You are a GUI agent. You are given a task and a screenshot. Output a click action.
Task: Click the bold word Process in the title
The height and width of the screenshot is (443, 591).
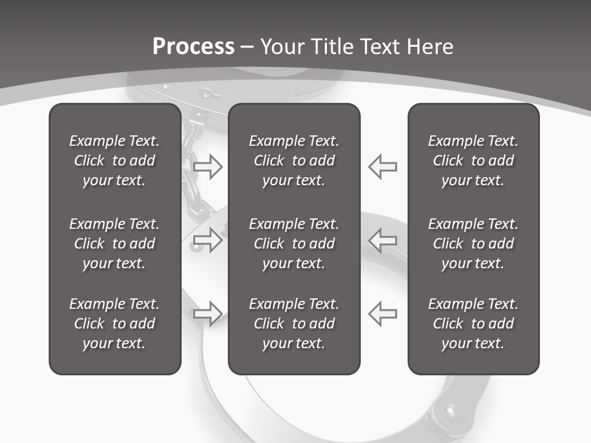click(x=193, y=47)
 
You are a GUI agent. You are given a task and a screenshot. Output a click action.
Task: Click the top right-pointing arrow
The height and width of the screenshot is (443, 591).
click(x=207, y=167)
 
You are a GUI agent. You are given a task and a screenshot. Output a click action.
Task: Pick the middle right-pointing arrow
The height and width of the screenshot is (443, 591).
click(x=207, y=240)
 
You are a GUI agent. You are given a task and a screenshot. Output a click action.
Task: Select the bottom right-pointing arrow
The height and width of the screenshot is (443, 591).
click(x=207, y=313)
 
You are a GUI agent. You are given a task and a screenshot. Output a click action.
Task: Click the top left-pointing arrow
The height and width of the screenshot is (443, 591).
click(x=382, y=167)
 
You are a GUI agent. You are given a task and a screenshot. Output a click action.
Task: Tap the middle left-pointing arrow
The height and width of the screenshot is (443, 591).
click(x=382, y=240)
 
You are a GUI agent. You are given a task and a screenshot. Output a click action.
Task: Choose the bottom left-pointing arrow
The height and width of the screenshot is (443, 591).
click(x=382, y=313)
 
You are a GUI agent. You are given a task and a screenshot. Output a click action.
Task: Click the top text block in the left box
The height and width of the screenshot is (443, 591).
click(x=115, y=161)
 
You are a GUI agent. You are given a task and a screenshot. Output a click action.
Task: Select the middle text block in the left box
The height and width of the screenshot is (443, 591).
click(x=115, y=244)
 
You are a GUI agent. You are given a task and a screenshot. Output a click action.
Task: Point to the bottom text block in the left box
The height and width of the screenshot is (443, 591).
click(x=115, y=324)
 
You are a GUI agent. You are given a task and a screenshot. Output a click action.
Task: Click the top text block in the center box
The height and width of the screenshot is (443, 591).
click(x=294, y=161)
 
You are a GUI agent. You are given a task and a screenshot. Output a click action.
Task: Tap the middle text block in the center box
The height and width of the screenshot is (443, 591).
click(x=294, y=244)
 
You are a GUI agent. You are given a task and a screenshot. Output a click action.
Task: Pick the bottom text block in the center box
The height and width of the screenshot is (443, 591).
click(x=294, y=324)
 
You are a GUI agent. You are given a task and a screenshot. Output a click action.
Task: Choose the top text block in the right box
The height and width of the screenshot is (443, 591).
click(x=473, y=161)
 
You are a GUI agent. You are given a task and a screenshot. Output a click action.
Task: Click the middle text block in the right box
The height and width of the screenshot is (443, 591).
click(x=473, y=244)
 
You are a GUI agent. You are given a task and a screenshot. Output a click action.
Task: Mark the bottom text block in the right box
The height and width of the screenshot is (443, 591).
click(x=473, y=324)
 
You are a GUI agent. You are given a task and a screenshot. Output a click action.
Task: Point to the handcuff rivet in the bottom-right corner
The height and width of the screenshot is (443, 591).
click(x=454, y=410)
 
